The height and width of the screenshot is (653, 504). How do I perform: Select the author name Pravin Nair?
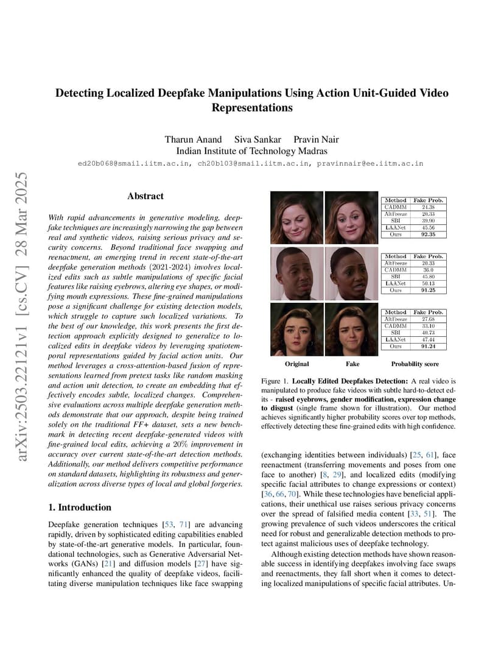[x=317, y=139]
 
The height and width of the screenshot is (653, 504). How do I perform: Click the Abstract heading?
[x=145, y=196]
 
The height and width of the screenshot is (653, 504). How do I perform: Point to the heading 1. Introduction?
[x=79, y=507]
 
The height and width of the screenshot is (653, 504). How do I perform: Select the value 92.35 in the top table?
[x=428, y=234]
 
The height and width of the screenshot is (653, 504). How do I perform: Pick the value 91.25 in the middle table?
[x=428, y=290]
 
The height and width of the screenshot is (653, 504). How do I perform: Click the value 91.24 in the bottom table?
[x=428, y=347]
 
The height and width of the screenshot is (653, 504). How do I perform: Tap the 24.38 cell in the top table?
[x=428, y=206]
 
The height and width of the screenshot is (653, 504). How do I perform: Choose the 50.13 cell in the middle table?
[x=428, y=283]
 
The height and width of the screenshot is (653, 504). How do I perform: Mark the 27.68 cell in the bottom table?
[x=428, y=319]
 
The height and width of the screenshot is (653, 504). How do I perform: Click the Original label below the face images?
[x=296, y=364]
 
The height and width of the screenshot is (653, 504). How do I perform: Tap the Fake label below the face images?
[x=352, y=364]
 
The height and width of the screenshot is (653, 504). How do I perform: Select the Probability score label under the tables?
[x=415, y=364]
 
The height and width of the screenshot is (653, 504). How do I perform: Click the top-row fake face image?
[x=351, y=217]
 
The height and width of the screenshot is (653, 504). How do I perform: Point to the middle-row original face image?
[x=296, y=274]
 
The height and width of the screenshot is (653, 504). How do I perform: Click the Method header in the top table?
[x=396, y=200]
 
